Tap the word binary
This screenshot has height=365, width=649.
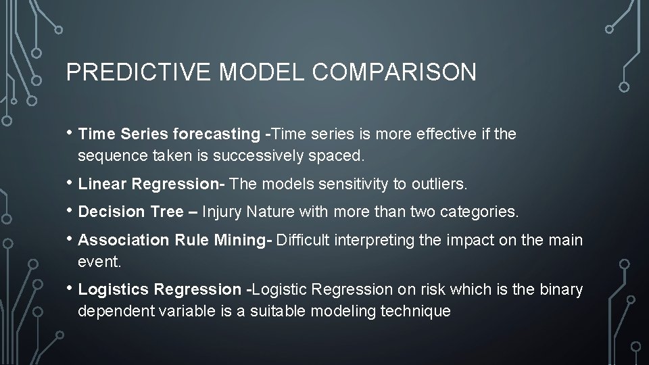tap(561, 290)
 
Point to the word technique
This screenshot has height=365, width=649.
tap(420, 311)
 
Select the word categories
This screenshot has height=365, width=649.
tap(484, 212)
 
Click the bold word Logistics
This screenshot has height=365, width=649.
tap(114, 290)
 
